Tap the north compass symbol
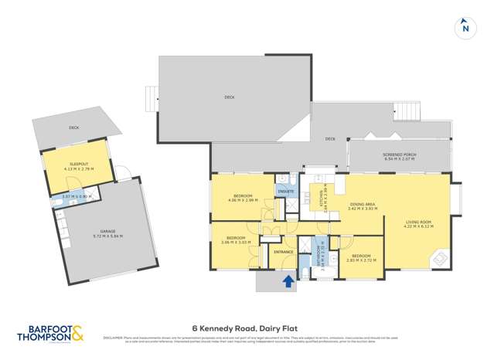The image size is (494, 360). pos(465,27)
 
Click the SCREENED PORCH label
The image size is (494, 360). pos(400,155)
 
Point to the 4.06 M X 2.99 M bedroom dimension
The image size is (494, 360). pos(243,200)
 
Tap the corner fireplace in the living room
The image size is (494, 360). pos(439,259)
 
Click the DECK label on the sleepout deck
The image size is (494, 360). pos(73,128)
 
